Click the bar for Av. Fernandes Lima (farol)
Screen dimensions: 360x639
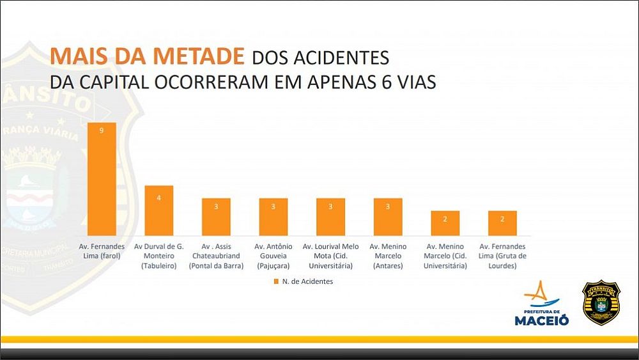tap(102, 178)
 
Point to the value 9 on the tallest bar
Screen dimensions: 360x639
tap(102, 130)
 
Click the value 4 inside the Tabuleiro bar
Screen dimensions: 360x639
tap(159, 198)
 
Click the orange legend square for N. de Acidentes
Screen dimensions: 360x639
tap(276, 281)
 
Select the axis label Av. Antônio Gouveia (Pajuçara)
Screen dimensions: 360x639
tap(273, 256)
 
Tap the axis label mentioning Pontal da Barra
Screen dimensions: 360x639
tap(216, 256)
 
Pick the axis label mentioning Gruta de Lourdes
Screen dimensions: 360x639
tap(502, 256)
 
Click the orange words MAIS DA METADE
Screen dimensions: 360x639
tap(148, 56)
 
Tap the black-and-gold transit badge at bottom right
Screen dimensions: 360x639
tap(601, 302)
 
